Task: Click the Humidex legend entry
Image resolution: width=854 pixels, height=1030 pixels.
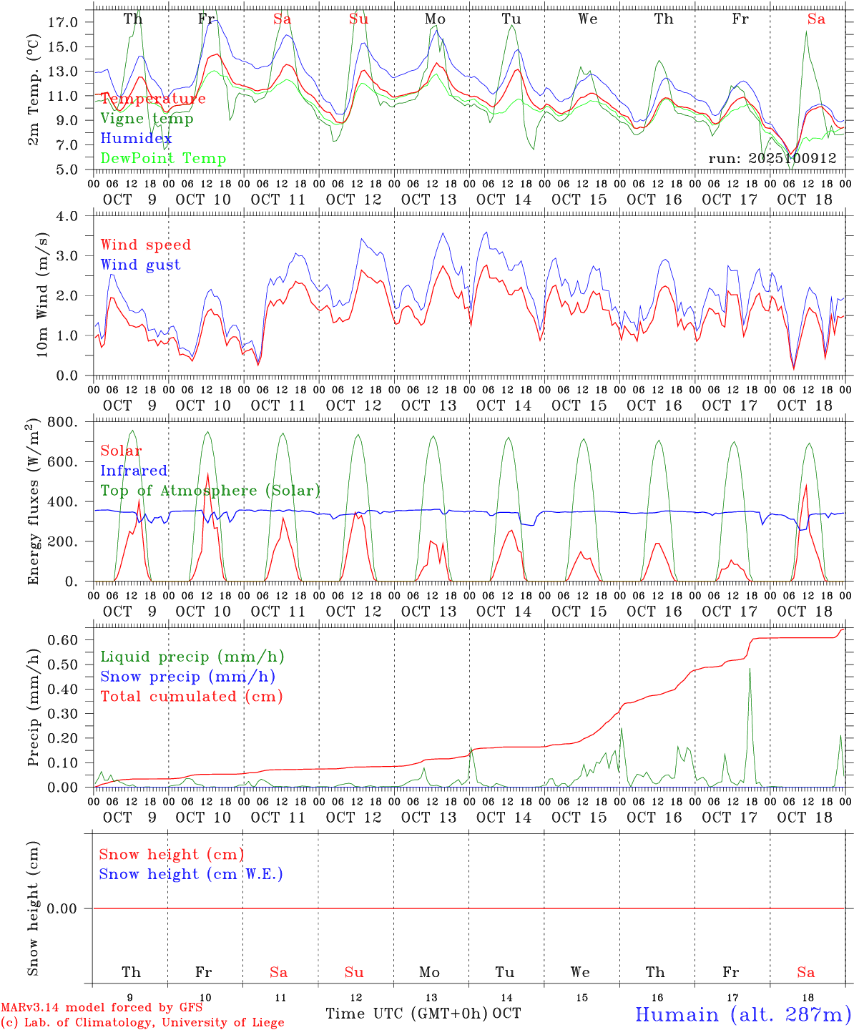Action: [x=136, y=139]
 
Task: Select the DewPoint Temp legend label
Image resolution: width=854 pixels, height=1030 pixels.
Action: [x=163, y=159]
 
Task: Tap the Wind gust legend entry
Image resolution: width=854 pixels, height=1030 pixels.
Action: [x=140, y=265]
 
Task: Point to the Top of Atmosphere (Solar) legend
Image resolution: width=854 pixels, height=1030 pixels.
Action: [x=210, y=491]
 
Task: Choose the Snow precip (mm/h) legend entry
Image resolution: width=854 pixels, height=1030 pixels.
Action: [x=187, y=677]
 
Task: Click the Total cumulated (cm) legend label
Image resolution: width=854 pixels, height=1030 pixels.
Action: [x=191, y=697]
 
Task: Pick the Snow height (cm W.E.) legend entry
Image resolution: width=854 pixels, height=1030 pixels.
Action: [x=190, y=874]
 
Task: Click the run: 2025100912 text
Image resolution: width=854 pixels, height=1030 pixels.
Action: [x=772, y=159]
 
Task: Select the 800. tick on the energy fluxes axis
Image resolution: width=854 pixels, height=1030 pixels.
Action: [x=63, y=422]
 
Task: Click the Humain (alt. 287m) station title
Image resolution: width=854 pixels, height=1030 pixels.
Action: [x=742, y=1014]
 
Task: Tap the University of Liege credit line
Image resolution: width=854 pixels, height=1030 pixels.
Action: [x=142, y=1023]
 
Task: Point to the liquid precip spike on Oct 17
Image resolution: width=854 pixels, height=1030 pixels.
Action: [x=750, y=669]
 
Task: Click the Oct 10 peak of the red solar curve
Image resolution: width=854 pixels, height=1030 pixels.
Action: [x=207, y=474]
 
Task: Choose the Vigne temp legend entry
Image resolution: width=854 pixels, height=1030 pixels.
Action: [x=147, y=119]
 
